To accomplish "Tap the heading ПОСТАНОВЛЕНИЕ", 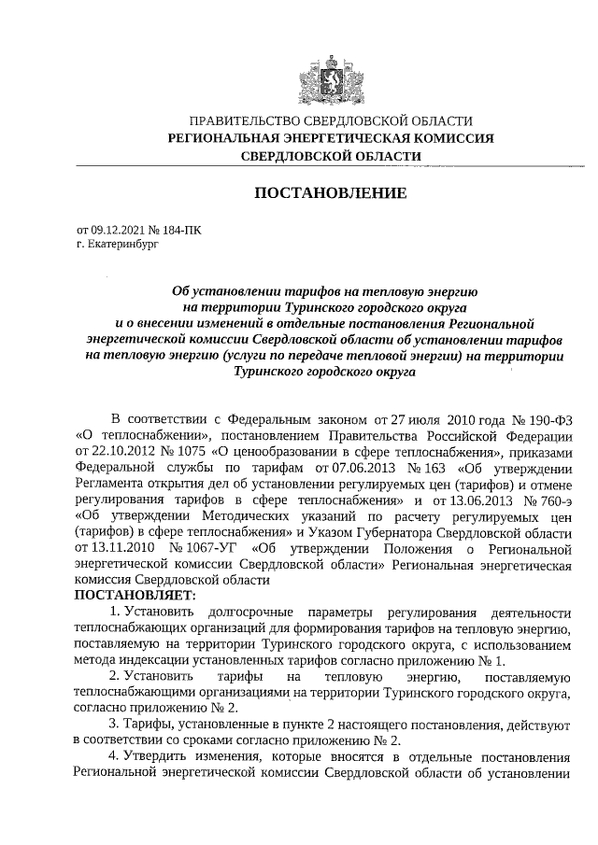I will [330, 193].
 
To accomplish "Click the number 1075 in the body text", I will [186, 449].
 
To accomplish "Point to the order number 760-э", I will [550, 499].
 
